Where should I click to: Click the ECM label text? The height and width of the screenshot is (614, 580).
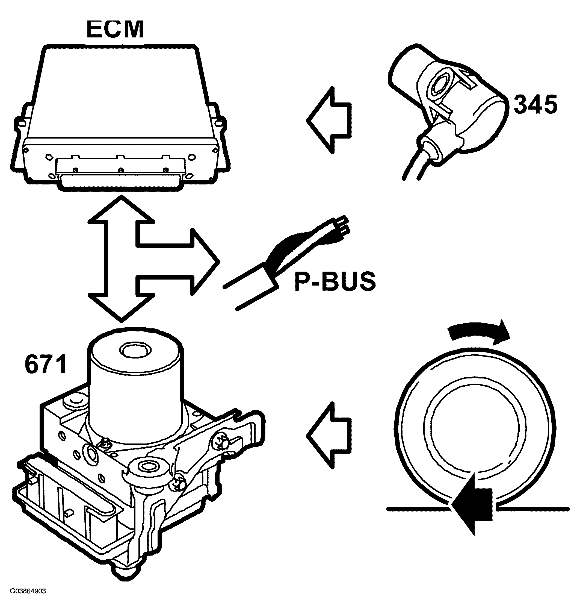click(x=115, y=30)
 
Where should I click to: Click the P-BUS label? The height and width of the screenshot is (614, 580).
click(x=335, y=281)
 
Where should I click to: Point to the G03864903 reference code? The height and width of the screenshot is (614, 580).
click(x=28, y=591)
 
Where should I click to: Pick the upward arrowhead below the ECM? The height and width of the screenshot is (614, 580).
click(x=122, y=210)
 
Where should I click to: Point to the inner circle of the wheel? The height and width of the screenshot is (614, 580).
click(x=475, y=430)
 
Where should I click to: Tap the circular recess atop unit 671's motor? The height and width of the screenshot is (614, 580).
click(x=135, y=351)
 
